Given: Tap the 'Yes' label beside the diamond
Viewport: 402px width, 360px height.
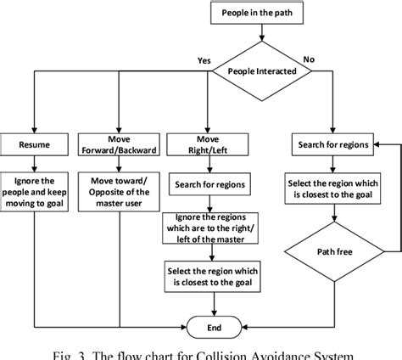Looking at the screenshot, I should pyautogui.click(x=203, y=60).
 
